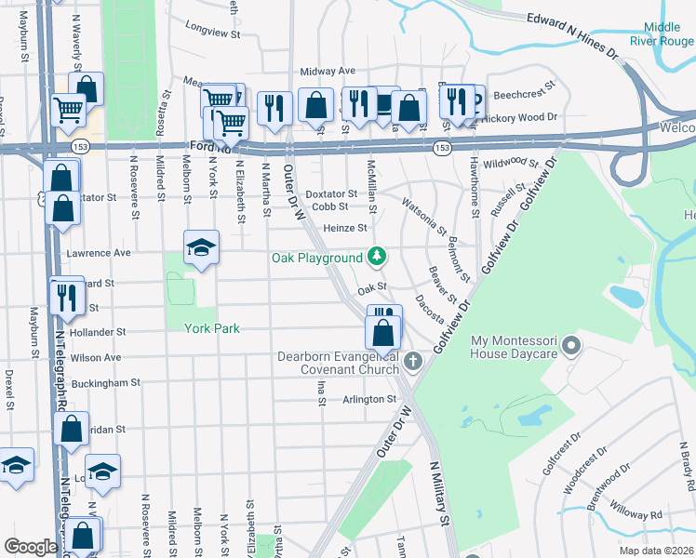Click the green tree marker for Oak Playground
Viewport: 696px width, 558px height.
click(x=377, y=255)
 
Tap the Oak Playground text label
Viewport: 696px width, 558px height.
click(x=316, y=258)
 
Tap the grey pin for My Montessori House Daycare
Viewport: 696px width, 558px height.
click(x=572, y=347)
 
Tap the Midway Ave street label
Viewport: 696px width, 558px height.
click(x=328, y=71)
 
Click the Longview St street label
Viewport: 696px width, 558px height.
click(x=213, y=29)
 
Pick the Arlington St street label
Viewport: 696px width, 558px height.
click(x=371, y=399)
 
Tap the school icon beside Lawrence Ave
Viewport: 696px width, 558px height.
click(x=201, y=248)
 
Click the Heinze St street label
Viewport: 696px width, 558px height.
click(x=345, y=228)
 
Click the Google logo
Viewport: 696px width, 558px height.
click(x=31, y=547)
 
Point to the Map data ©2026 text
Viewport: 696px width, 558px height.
click(x=656, y=551)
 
